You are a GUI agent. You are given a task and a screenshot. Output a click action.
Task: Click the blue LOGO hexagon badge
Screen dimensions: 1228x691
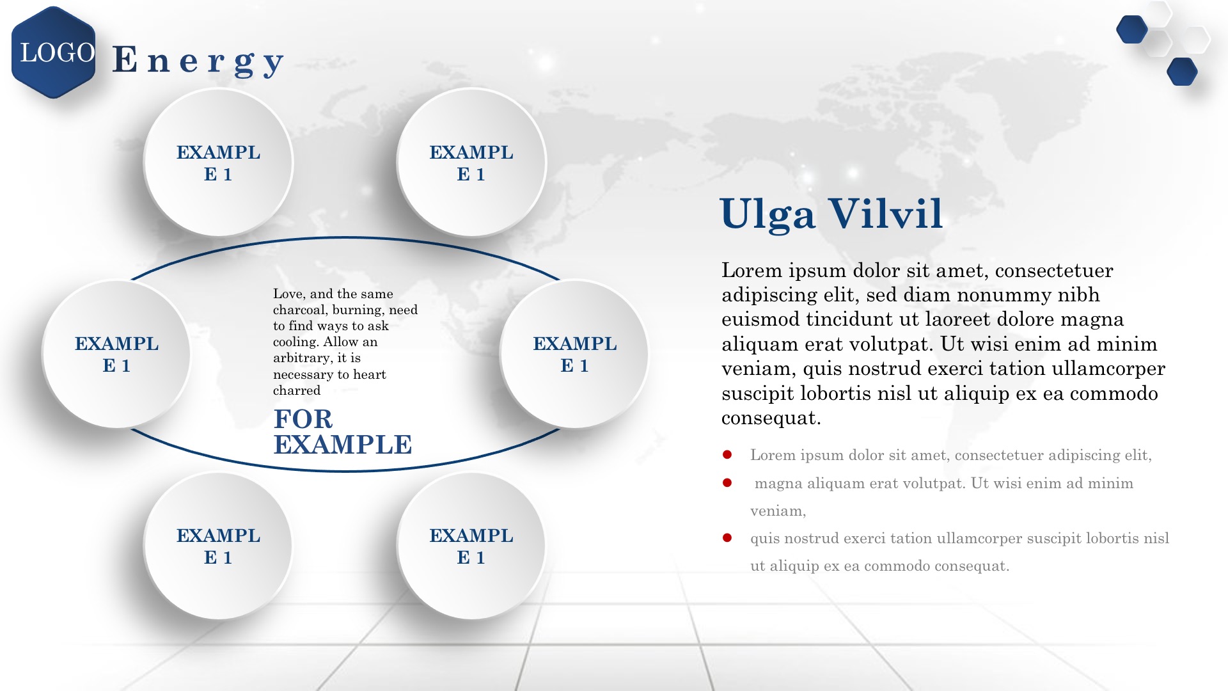54,52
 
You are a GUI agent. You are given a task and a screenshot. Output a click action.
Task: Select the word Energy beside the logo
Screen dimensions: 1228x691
198,61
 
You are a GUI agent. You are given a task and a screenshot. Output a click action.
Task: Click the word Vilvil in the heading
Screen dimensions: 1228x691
885,213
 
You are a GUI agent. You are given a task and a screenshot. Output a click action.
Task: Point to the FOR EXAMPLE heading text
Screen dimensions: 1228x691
343,432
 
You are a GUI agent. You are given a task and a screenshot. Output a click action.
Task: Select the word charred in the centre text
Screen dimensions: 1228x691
297,390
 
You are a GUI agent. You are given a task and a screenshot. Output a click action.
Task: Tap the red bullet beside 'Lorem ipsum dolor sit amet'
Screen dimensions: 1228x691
727,455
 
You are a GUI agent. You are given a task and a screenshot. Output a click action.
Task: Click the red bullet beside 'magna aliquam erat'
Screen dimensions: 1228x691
727,482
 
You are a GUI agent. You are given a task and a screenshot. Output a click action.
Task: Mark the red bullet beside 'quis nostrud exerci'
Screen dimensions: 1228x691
727,538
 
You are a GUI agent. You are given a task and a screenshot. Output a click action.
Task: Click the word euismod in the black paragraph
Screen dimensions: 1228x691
760,319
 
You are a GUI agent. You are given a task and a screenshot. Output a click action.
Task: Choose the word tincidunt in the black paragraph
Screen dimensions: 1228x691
850,319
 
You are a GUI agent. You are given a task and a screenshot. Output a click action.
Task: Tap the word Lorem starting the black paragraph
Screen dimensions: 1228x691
752,271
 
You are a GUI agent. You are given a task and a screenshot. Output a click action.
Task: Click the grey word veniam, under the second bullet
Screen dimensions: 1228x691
778,511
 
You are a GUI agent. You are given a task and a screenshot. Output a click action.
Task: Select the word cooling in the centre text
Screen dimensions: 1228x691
295,342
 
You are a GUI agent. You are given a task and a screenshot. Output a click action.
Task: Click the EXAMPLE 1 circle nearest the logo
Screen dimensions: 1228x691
218,163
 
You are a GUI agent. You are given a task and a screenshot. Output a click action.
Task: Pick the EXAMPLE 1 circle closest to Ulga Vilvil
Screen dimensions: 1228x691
574,354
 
